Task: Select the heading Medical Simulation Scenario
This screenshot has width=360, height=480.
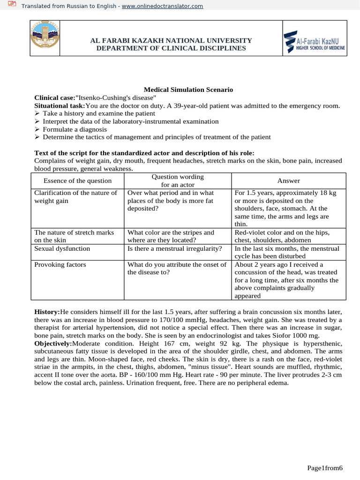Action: point(188,90)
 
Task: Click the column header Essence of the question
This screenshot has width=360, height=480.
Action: point(77,180)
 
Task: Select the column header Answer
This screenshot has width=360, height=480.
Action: point(289,180)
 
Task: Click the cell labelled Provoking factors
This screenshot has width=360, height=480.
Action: point(60,264)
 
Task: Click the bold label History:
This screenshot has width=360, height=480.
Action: point(47,312)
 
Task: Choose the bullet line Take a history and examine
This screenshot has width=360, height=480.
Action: point(98,113)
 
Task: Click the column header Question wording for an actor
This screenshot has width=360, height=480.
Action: point(178,180)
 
